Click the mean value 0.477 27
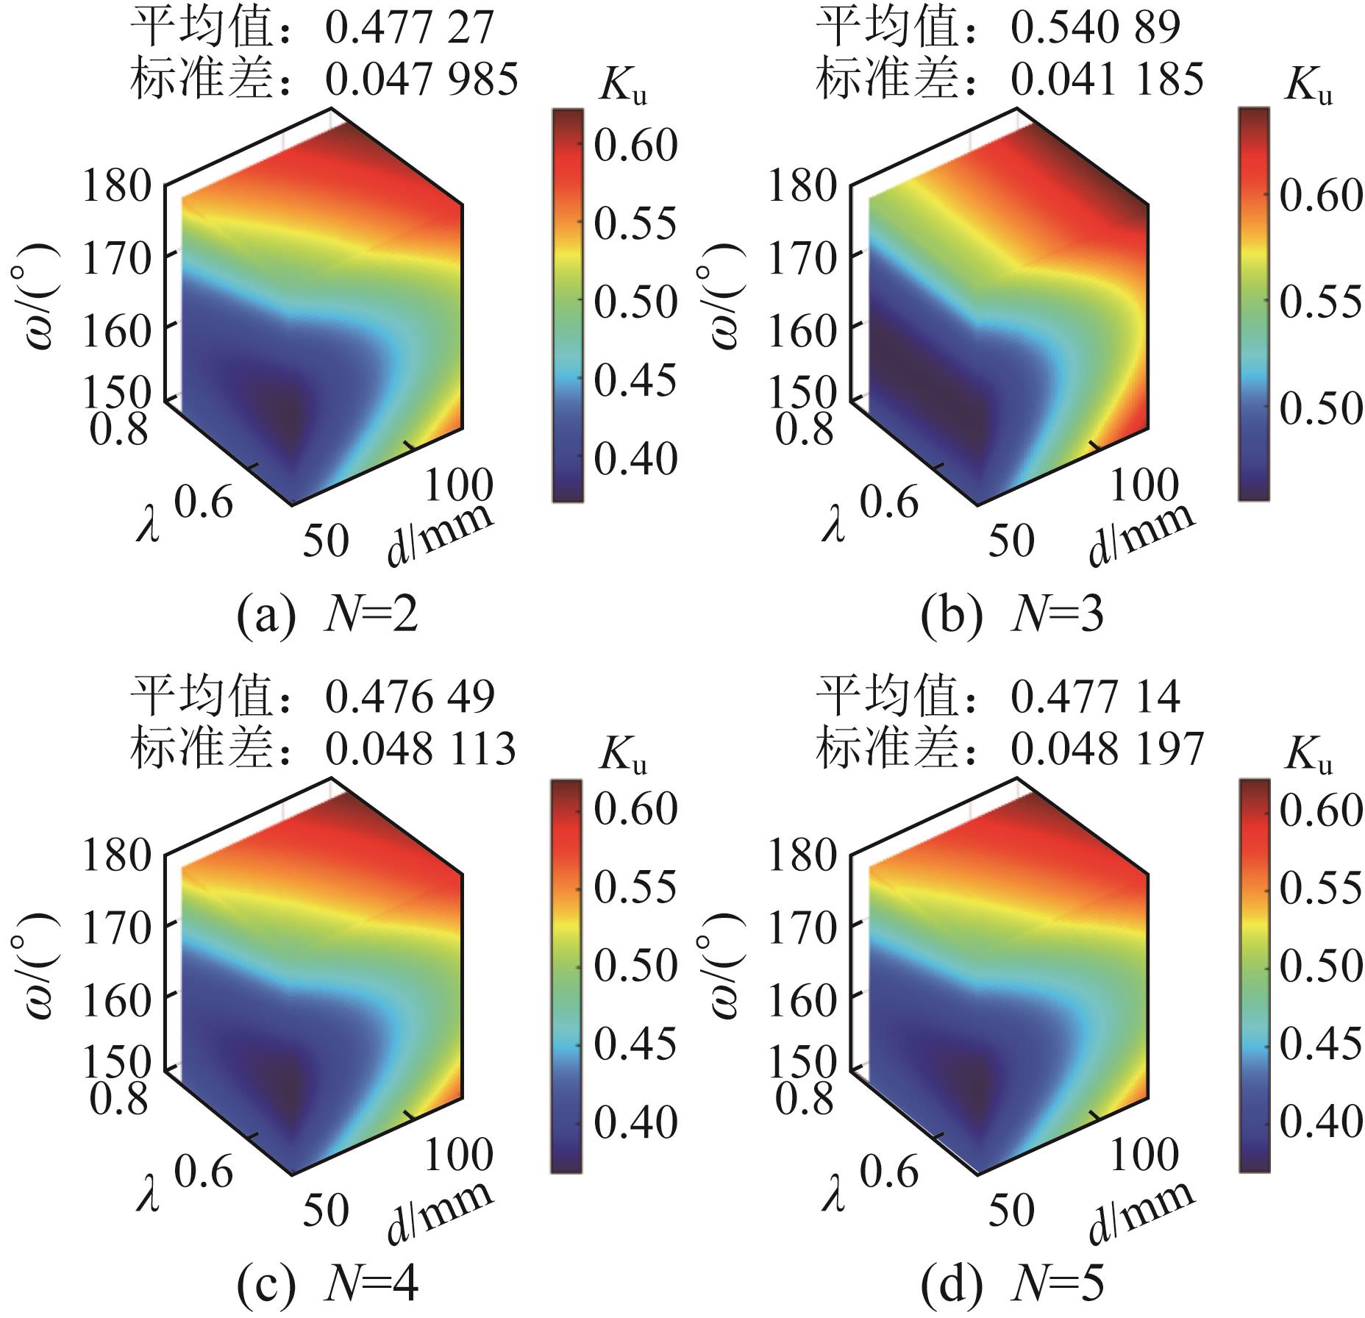(410, 27)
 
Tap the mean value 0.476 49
(410, 697)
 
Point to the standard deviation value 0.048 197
(1107, 749)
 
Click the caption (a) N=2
(328, 616)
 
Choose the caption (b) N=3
(1013, 616)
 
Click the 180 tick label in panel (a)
(116, 186)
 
